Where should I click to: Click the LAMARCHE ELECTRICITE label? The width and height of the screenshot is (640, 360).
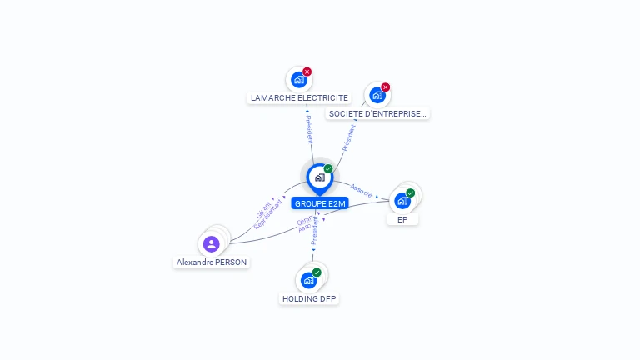click(x=300, y=97)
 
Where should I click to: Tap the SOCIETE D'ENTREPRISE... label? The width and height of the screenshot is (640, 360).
click(x=377, y=113)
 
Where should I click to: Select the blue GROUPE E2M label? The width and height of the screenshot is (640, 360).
click(x=320, y=203)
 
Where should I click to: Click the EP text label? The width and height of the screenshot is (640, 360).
click(x=402, y=219)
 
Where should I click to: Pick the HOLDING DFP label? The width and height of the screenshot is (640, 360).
click(x=309, y=298)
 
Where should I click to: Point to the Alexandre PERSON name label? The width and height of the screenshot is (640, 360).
click(x=212, y=262)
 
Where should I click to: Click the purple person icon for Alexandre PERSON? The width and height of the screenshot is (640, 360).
click(x=211, y=244)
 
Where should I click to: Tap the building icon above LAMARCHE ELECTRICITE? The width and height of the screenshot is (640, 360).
click(x=298, y=80)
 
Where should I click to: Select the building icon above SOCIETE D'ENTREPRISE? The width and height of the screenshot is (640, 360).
click(x=377, y=95)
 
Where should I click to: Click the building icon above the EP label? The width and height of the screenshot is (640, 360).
click(x=402, y=201)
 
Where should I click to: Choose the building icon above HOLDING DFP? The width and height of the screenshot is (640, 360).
click(x=308, y=280)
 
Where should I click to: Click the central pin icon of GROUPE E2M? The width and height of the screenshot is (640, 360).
click(x=319, y=177)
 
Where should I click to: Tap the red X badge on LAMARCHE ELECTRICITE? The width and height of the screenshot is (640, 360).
click(x=307, y=72)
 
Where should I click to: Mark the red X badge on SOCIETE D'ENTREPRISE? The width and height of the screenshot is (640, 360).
click(x=385, y=87)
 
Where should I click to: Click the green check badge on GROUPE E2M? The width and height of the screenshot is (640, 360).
click(x=328, y=169)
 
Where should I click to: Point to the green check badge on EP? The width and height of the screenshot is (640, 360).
click(x=410, y=193)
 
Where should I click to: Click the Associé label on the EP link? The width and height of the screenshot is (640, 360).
click(x=362, y=189)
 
